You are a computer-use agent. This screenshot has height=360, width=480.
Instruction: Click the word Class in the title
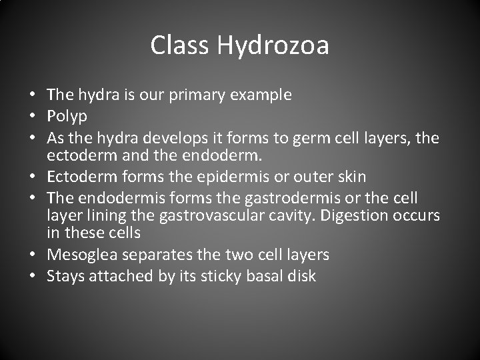(x=178, y=45)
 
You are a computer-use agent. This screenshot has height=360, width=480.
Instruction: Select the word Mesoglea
(x=89, y=255)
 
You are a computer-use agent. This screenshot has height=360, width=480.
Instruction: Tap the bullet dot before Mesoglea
(x=33, y=255)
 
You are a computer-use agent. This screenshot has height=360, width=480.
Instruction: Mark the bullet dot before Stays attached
(x=33, y=275)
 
